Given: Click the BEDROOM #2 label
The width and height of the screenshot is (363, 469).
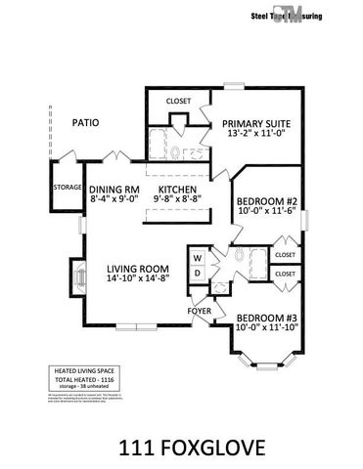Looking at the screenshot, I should [x=266, y=206].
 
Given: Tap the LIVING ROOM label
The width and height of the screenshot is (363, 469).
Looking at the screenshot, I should [x=139, y=269].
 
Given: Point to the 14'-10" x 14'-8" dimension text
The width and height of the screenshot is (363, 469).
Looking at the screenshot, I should [x=139, y=280].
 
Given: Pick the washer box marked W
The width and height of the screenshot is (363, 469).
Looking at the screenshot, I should [x=197, y=259].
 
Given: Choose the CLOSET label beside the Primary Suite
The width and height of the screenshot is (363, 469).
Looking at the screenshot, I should [x=178, y=101].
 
